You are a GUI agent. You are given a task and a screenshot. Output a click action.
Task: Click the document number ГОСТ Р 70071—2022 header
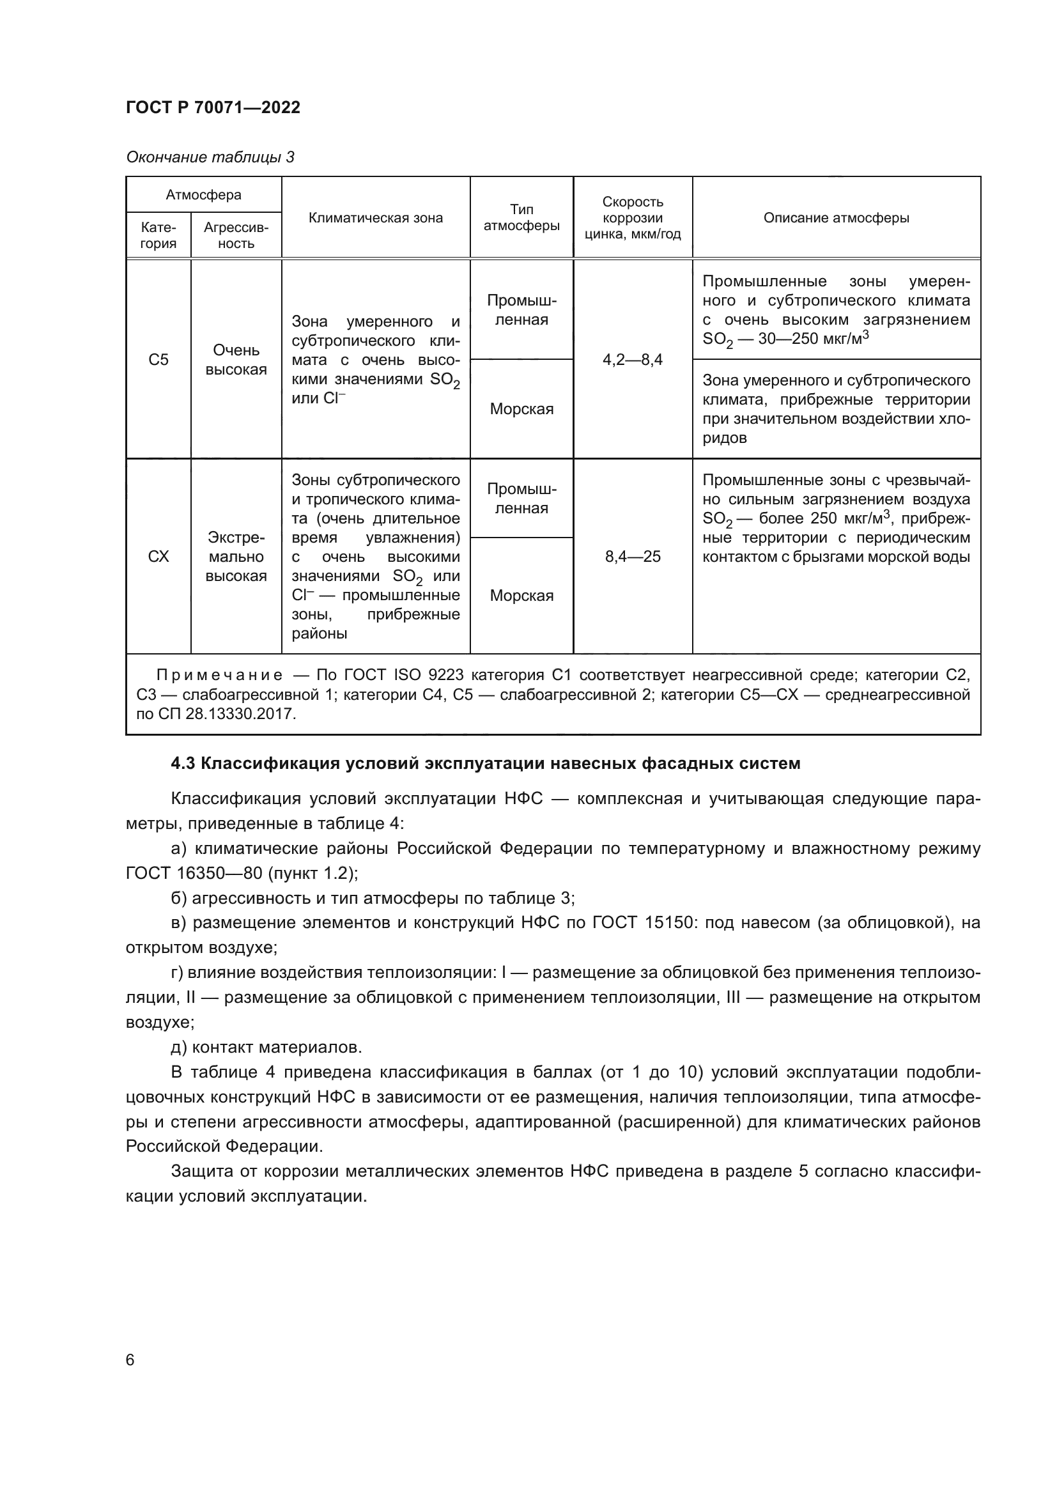click(x=213, y=108)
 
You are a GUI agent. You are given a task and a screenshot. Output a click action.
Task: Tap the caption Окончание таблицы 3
click(x=210, y=158)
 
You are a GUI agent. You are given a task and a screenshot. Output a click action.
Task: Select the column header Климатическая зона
click(x=376, y=218)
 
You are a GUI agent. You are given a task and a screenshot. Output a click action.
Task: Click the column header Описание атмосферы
click(x=836, y=218)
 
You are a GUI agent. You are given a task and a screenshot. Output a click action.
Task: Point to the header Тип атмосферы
click(x=521, y=217)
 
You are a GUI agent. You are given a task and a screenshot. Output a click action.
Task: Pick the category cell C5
click(x=158, y=360)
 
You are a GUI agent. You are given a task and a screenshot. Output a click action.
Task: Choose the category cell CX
click(x=158, y=557)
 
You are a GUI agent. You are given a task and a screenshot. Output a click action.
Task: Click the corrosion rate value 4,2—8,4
click(x=632, y=360)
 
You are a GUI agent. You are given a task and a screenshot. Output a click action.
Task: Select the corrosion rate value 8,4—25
click(x=632, y=557)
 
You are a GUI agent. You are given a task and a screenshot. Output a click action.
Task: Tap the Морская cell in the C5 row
click(x=521, y=409)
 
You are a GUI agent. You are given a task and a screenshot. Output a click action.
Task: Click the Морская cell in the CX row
click(x=521, y=595)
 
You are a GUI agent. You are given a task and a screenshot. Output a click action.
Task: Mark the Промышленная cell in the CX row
click(x=521, y=499)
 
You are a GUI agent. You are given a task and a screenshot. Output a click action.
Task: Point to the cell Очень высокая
click(x=236, y=360)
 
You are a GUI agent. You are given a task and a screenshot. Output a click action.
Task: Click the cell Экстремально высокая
click(x=236, y=557)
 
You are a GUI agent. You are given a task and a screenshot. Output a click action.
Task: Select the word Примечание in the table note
click(x=219, y=675)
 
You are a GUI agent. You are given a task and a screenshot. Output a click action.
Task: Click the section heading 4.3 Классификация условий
click(x=485, y=763)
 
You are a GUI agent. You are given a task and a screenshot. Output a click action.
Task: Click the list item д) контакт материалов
click(x=266, y=1047)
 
